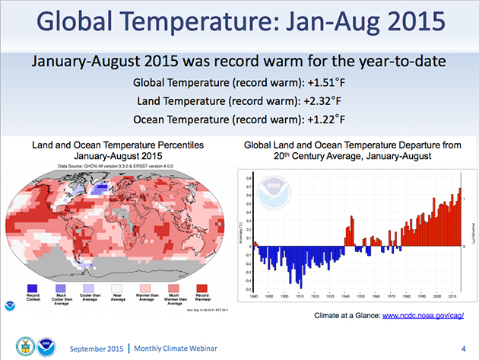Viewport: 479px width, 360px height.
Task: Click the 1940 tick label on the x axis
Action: coord(346,297)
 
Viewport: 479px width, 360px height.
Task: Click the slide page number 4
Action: coord(462,347)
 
